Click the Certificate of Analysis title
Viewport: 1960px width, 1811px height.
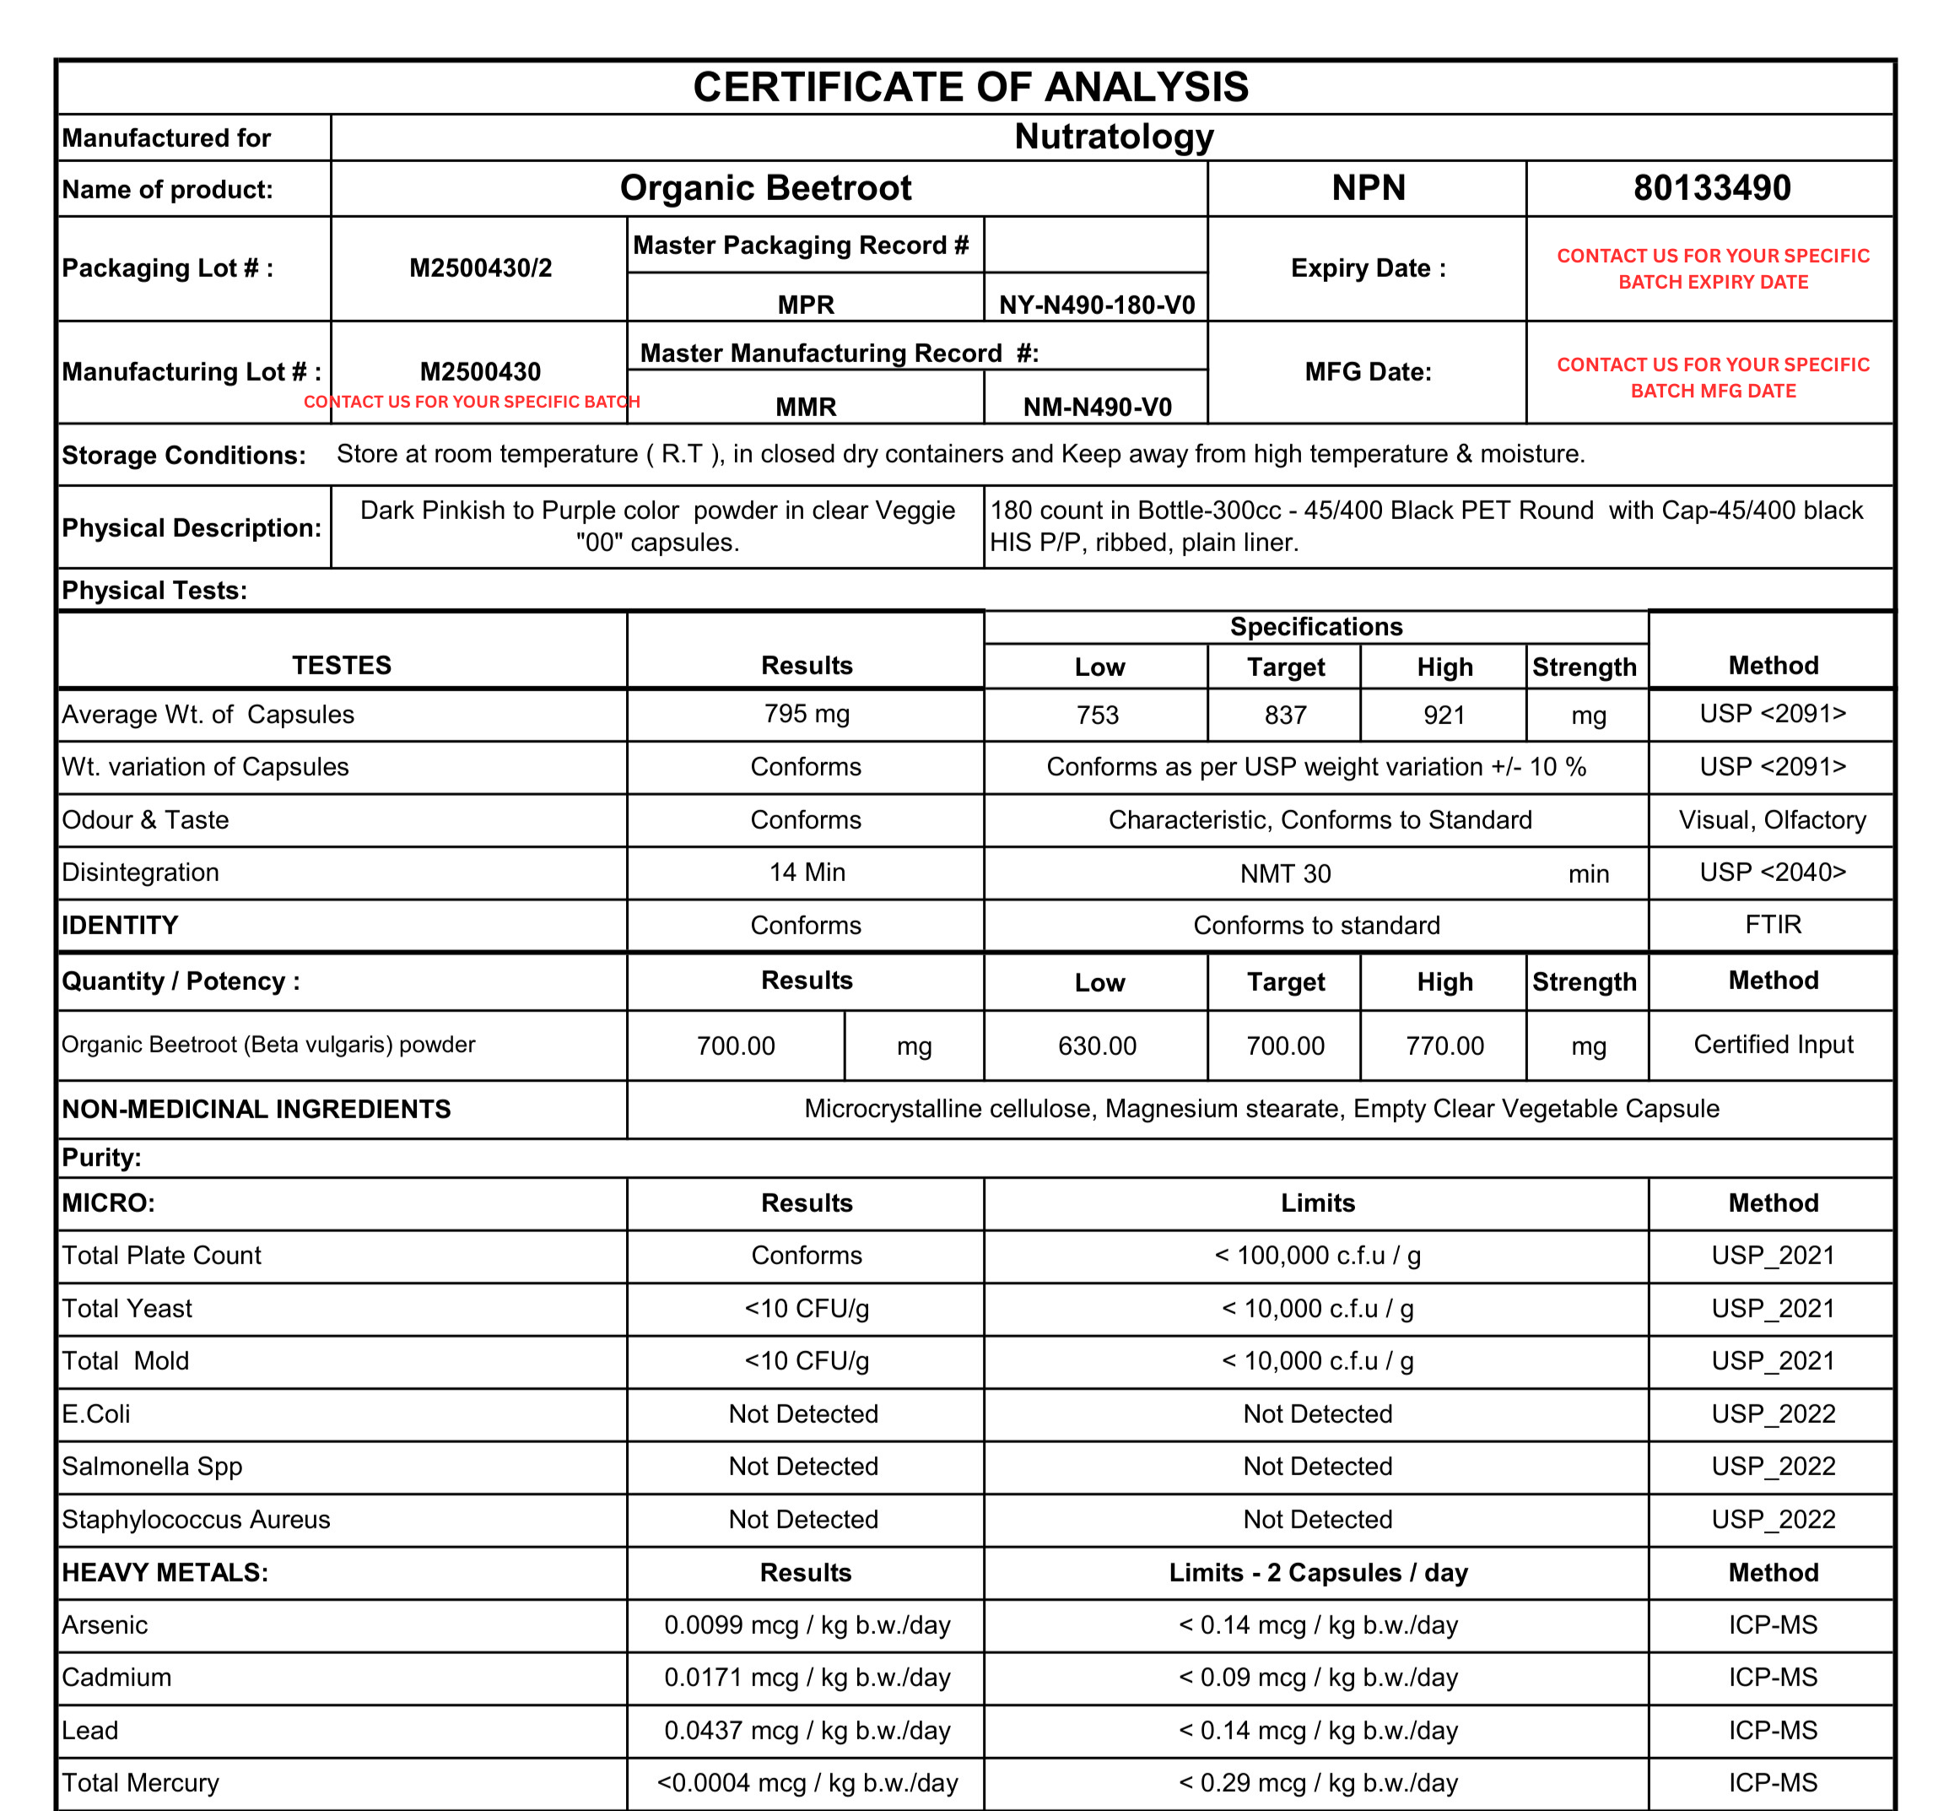click(x=970, y=87)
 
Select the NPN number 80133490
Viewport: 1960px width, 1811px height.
click(x=1711, y=187)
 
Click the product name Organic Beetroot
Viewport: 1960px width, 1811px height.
click(x=765, y=187)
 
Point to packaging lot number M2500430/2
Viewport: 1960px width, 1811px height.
click(x=480, y=268)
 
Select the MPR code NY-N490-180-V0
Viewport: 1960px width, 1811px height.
click(x=1097, y=305)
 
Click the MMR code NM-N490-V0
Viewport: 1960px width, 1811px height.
click(x=1097, y=407)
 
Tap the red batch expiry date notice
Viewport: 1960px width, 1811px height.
click(x=1712, y=268)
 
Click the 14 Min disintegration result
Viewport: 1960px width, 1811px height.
click(x=807, y=873)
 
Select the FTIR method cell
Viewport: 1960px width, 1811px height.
click(x=1772, y=924)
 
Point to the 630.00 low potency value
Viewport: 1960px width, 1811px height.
click(x=1097, y=1046)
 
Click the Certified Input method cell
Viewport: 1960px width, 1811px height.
click(x=1772, y=1045)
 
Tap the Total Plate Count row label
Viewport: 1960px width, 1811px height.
click(x=162, y=1256)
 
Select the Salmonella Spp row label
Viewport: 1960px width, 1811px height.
click(x=152, y=1466)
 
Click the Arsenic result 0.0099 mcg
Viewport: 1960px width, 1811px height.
click(x=807, y=1624)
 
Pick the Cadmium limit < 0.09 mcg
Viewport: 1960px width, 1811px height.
click(x=1317, y=1678)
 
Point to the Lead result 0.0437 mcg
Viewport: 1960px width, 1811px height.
click(x=807, y=1731)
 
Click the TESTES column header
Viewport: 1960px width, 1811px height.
click(x=341, y=665)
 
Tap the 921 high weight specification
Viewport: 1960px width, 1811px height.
click(x=1444, y=715)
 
